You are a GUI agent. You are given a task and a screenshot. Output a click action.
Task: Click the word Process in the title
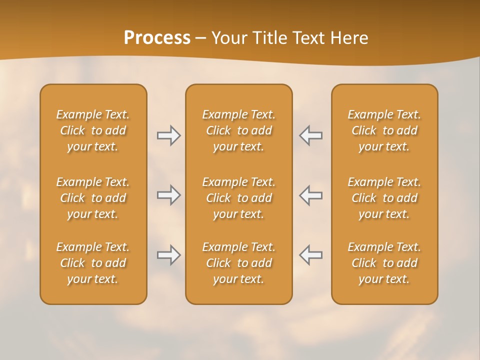click(157, 38)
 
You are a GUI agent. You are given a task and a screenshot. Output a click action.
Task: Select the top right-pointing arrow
click(168, 135)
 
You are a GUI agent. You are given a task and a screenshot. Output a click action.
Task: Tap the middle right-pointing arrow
click(168, 195)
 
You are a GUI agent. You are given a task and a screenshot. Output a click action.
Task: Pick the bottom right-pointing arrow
click(168, 255)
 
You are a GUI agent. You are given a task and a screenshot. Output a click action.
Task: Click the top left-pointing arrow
click(310, 135)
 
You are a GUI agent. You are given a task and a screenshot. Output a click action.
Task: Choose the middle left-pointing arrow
click(310, 195)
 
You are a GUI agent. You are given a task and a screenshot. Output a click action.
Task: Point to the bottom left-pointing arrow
click(310, 255)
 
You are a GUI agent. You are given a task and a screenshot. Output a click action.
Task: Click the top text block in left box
click(93, 130)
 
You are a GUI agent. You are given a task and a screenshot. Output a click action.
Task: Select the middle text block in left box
click(93, 198)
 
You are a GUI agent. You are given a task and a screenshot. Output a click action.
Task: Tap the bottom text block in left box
click(93, 263)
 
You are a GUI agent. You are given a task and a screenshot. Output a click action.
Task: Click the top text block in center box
click(238, 130)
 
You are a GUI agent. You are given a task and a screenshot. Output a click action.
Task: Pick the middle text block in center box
click(238, 198)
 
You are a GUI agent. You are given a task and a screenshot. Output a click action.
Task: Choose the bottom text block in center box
click(238, 263)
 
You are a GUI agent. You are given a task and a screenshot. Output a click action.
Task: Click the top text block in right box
click(384, 130)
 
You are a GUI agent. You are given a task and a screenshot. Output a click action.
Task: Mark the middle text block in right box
click(384, 198)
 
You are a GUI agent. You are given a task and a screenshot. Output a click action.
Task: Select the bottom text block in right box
click(384, 263)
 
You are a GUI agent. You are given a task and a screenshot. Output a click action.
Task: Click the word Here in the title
click(350, 38)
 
